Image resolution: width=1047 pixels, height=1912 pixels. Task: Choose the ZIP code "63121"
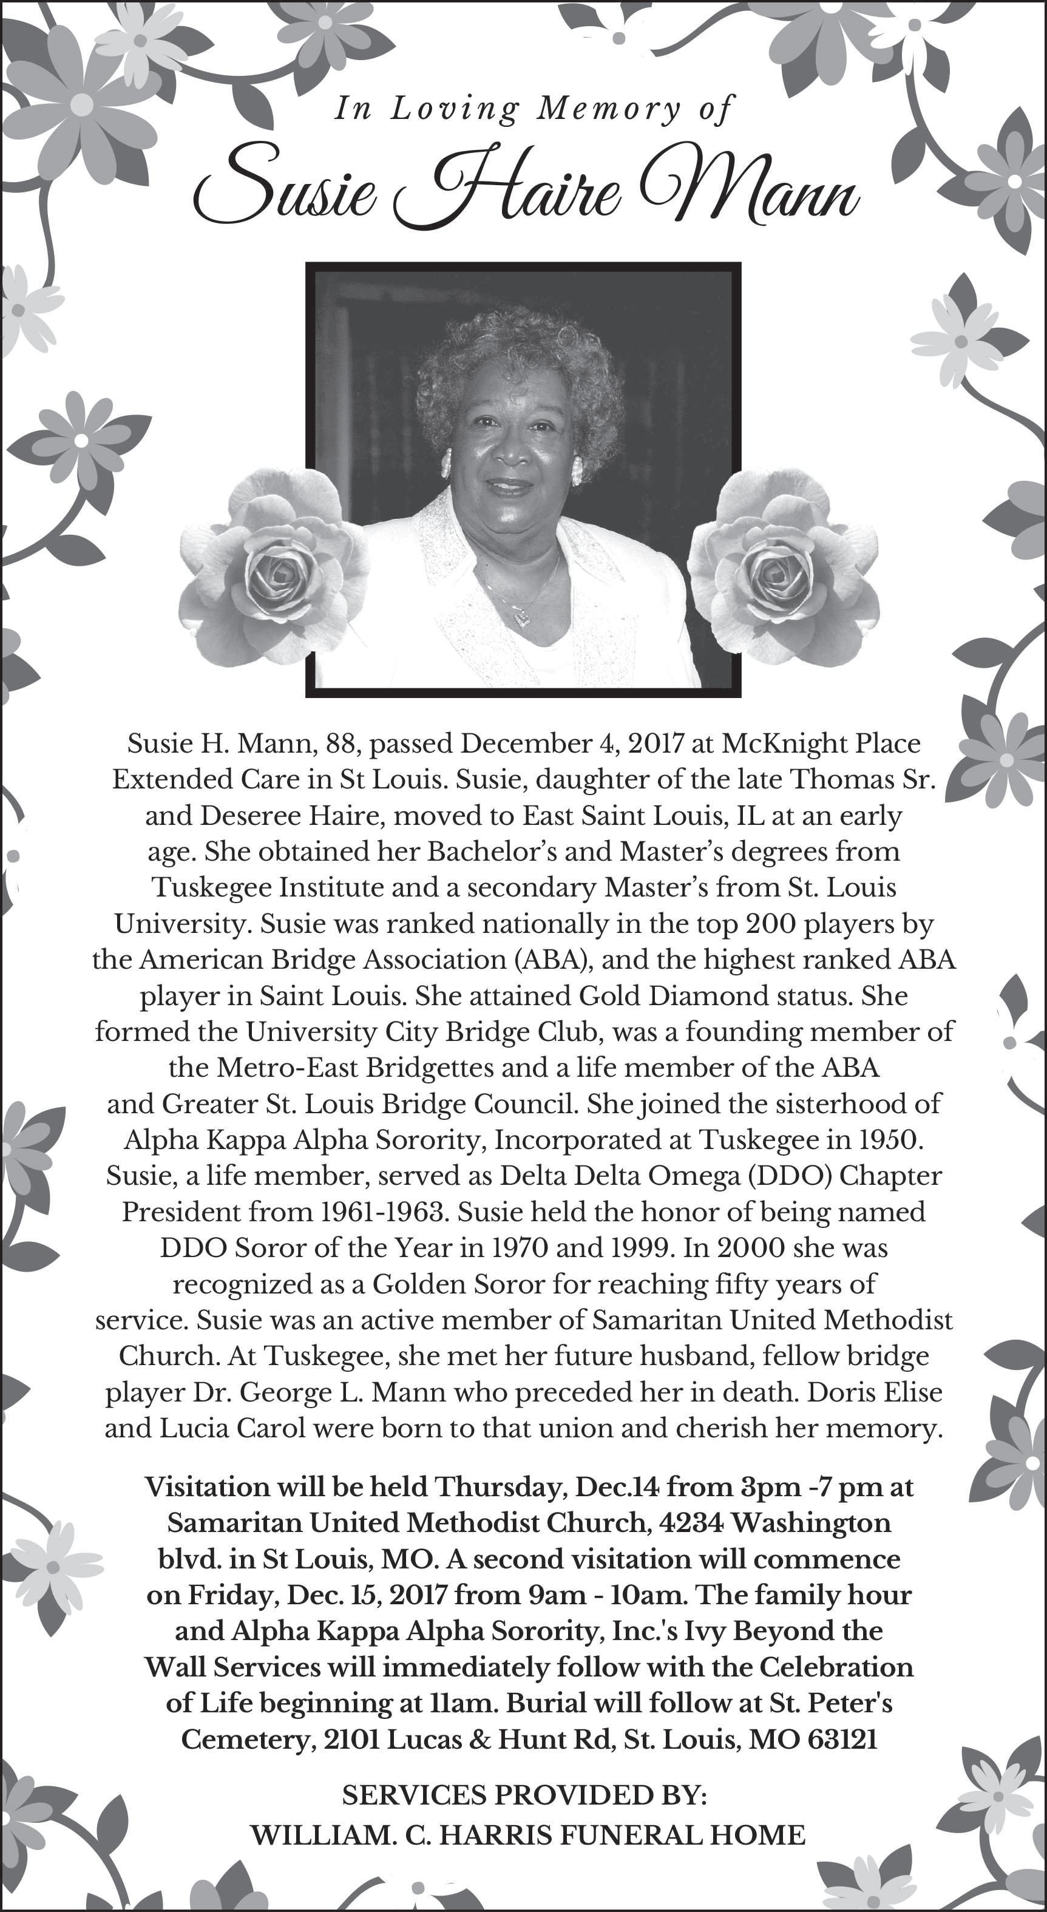(842, 1739)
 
